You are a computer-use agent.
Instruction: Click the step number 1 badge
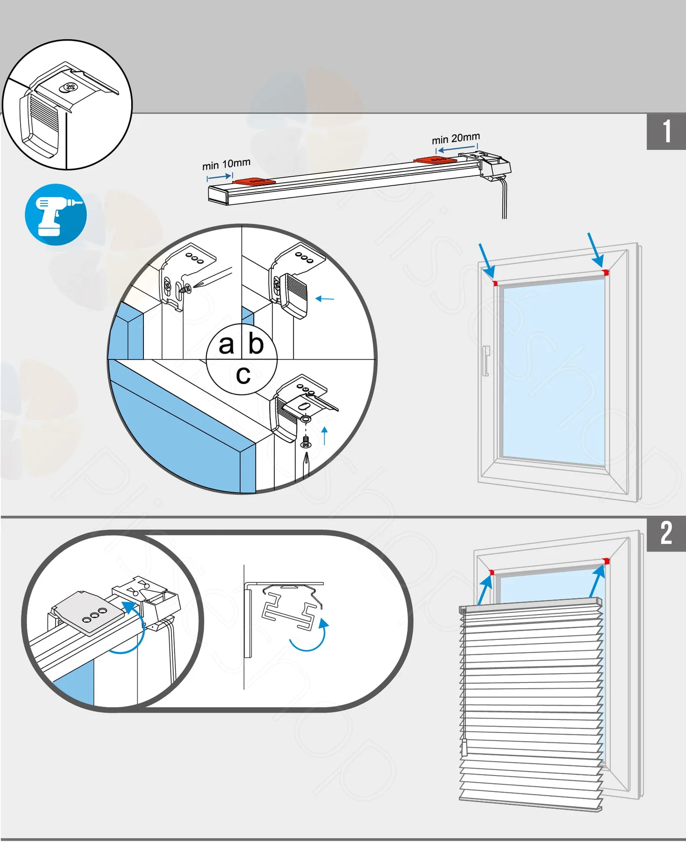pos(666,131)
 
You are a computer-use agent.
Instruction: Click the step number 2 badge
pos(666,533)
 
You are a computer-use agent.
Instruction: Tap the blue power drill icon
pos(56,215)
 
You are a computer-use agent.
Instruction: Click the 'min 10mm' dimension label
pos(226,164)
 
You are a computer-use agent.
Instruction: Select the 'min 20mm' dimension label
pos(456,138)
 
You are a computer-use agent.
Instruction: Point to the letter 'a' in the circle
pos(226,345)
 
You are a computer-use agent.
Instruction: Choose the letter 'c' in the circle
pos(243,375)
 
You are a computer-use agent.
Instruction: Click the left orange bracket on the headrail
pos(254,181)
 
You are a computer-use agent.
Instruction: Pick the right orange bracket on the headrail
pos(435,160)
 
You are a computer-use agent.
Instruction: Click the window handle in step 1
pos(486,361)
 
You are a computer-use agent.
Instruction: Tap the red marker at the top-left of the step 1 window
pos(495,283)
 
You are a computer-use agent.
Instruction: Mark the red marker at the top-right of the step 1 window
pos(606,272)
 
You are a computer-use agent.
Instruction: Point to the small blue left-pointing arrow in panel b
pos(325,298)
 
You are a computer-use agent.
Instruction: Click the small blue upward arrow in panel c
pos(325,436)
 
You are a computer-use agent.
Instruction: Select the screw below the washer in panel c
pos(306,442)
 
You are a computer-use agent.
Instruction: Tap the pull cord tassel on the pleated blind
pos(464,748)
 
